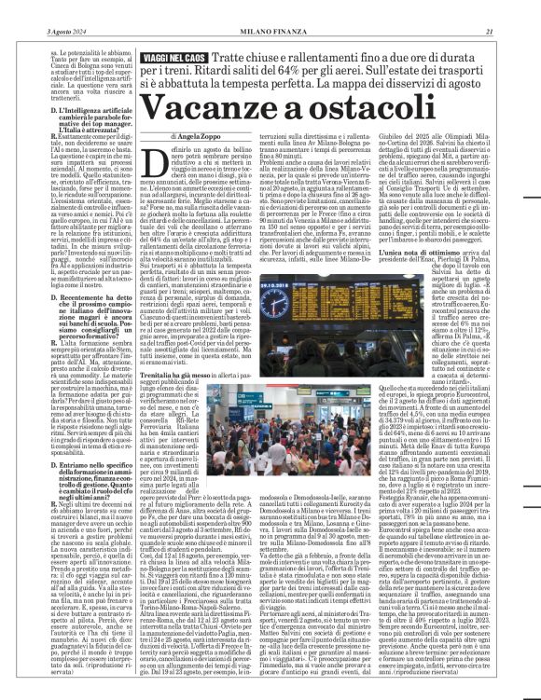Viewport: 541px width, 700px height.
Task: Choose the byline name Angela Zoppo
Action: coord(202,137)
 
